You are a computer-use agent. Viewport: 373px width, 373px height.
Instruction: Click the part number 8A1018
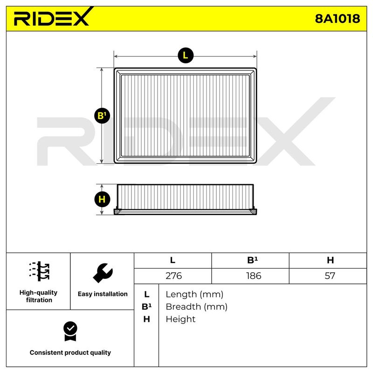(x=337, y=19)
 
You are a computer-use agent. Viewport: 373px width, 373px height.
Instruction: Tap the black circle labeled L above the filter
(x=186, y=55)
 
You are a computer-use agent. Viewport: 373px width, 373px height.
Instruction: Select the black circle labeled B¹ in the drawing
(x=102, y=116)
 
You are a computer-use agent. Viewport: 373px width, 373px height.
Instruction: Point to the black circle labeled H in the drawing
(x=102, y=200)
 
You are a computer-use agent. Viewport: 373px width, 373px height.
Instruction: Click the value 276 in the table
(x=173, y=276)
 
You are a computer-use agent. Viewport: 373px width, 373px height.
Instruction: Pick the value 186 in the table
(x=254, y=276)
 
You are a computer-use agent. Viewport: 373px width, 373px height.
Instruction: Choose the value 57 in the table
(x=330, y=276)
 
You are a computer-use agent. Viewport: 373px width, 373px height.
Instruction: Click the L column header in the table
(x=173, y=260)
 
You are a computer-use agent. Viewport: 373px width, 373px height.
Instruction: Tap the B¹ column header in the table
(x=252, y=260)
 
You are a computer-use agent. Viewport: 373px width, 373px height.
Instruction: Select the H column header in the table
(x=330, y=260)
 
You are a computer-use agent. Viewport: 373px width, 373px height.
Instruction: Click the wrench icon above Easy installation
(x=103, y=273)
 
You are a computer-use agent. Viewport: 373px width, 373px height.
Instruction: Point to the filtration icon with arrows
(x=39, y=271)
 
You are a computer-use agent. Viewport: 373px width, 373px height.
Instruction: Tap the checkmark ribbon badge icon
(x=70, y=331)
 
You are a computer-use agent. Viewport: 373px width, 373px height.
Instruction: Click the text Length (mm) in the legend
(x=194, y=295)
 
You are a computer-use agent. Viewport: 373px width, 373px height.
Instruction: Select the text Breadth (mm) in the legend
(x=196, y=307)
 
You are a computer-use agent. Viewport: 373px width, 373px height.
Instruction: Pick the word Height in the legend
(x=180, y=319)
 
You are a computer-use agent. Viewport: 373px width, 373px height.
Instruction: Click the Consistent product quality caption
(x=70, y=352)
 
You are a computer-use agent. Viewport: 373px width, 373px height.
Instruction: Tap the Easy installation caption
(x=103, y=294)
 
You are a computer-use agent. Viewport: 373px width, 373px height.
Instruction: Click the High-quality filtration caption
(x=39, y=296)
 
